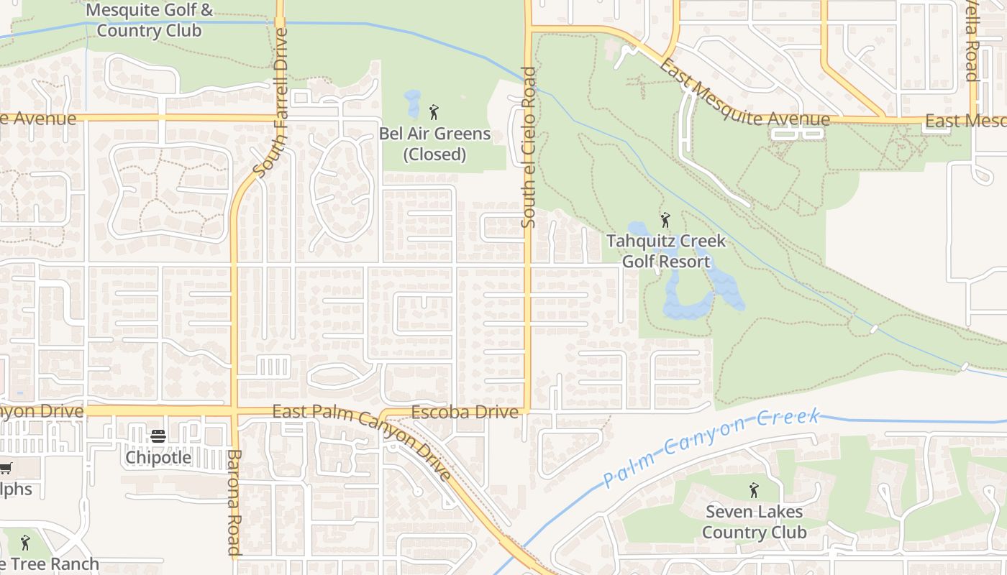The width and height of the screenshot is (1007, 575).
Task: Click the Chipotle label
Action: pyautogui.click(x=158, y=457)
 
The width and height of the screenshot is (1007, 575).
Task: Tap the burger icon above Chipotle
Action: pyautogui.click(x=158, y=436)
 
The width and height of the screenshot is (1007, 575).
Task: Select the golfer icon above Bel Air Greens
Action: pyautogui.click(x=433, y=112)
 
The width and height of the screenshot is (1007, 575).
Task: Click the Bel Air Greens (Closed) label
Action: pyautogui.click(x=435, y=144)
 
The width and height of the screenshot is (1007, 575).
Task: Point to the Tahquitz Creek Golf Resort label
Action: pyautogui.click(x=666, y=251)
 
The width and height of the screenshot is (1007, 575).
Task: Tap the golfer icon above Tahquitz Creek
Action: pyautogui.click(x=665, y=220)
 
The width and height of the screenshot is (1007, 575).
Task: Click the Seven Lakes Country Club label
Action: pyautogui.click(x=754, y=522)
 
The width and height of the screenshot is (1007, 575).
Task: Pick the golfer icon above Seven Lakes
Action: pyautogui.click(x=753, y=490)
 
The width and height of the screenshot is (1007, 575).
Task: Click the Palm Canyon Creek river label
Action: pyautogui.click(x=712, y=446)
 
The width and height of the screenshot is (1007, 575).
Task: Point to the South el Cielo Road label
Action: pyautogui.click(x=529, y=147)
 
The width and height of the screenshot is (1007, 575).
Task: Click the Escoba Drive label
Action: pyautogui.click(x=465, y=412)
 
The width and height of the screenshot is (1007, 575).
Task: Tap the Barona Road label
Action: pyautogui.click(x=234, y=502)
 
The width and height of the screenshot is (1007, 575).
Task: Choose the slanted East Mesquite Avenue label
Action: pyautogui.click(x=744, y=93)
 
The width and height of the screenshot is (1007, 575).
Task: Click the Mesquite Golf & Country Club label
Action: pyautogui.click(x=149, y=21)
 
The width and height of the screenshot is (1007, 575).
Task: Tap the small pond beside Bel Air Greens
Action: pyautogui.click(x=412, y=104)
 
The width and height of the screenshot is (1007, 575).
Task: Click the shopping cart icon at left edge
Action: pyautogui.click(x=5, y=468)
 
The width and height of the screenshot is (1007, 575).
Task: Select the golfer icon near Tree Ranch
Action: pyautogui.click(x=25, y=542)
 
